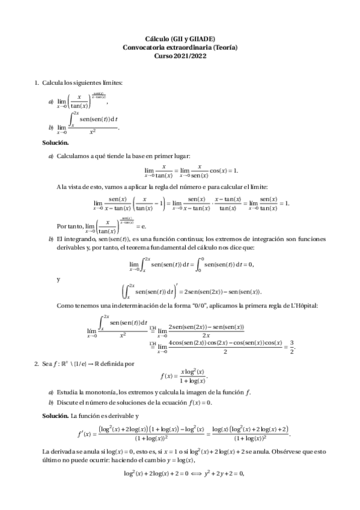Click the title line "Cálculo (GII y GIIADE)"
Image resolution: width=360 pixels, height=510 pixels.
click(x=180, y=38)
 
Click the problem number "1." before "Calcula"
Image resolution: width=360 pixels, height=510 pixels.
click(x=37, y=82)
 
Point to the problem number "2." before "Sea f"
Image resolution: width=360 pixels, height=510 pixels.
click(x=37, y=363)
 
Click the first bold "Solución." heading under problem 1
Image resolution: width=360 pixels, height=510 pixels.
click(x=55, y=143)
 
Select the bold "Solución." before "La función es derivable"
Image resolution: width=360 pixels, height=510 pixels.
click(x=55, y=416)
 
